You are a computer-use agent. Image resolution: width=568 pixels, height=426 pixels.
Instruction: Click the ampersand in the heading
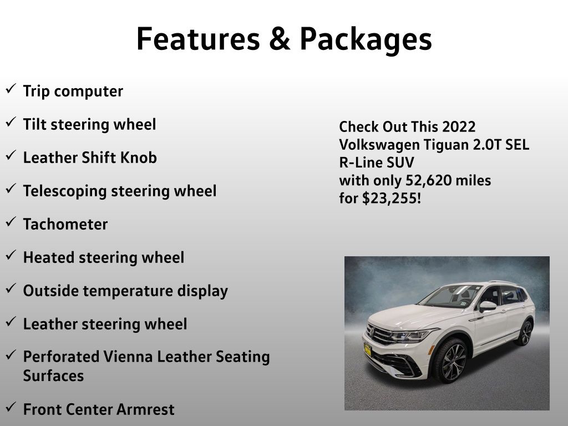pyautogui.click(x=280, y=38)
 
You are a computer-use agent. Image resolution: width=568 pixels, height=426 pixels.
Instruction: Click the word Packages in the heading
pyautogui.click(x=366, y=40)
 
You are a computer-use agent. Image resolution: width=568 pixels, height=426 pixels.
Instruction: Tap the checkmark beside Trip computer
pyautogui.click(x=11, y=88)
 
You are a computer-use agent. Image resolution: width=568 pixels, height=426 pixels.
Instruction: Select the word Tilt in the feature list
pyautogui.click(x=34, y=124)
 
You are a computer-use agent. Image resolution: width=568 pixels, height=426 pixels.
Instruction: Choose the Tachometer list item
pyautogui.click(x=65, y=224)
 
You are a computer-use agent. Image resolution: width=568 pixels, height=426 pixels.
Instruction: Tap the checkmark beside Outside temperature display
pyautogui.click(x=11, y=288)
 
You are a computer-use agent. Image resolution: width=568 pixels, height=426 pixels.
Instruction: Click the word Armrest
pyautogui.click(x=145, y=410)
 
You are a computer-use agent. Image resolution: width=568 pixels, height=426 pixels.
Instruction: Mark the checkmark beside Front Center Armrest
pyautogui.click(x=11, y=407)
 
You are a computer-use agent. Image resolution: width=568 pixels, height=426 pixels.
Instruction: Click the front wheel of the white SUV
pyautogui.click(x=451, y=361)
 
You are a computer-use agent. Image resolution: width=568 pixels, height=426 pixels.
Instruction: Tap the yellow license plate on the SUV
pyautogui.click(x=368, y=349)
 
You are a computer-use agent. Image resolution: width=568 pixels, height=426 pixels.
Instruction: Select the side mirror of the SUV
pyautogui.click(x=488, y=306)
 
